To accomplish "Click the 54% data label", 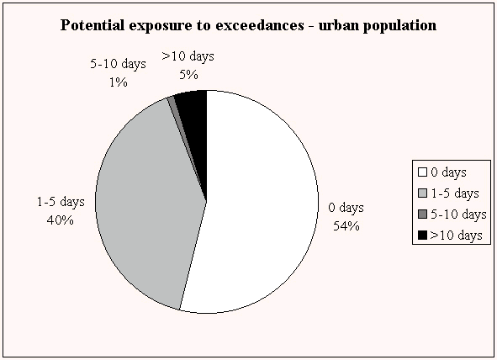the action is [346, 226].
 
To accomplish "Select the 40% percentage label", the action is [61, 220].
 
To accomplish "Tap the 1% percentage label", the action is [119, 82].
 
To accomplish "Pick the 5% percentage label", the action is [188, 75].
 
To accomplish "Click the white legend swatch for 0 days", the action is [422, 172].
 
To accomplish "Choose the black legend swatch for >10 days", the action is [422, 236].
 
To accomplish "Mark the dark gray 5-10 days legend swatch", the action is [422, 214].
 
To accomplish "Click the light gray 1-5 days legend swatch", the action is [422, 193].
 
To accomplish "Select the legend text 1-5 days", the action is [455, 193].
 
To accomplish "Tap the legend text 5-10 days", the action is [458, 214].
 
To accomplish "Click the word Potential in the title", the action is [93, 25].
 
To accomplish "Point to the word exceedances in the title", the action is [260, 25].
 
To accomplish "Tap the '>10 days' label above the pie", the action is [188, 56].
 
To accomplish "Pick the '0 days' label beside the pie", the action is [346, 208].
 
